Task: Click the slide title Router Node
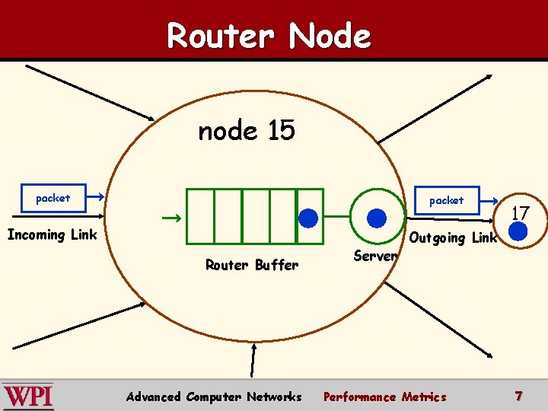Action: (x=269, y=35)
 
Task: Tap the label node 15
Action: (x=246, y=131)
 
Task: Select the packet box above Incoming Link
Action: (x=53, y=198)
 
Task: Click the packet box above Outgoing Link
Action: (x=446, y=200)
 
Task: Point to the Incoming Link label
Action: (x=52, y=234)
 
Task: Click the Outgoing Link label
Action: (x=453, y=237)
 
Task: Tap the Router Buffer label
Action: (x=252, y=265)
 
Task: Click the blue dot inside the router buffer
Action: (x=308, y=218)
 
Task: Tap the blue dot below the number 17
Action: (x=518, y=231)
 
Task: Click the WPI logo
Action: (x=28, y=396)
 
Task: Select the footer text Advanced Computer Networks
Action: (x=214, y=397)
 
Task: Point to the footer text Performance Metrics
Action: (x=385, y=397)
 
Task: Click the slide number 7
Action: (x=518, y=396)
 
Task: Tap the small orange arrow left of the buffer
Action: (x=171, y=219)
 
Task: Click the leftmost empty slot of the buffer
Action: (x=201, y=216)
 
